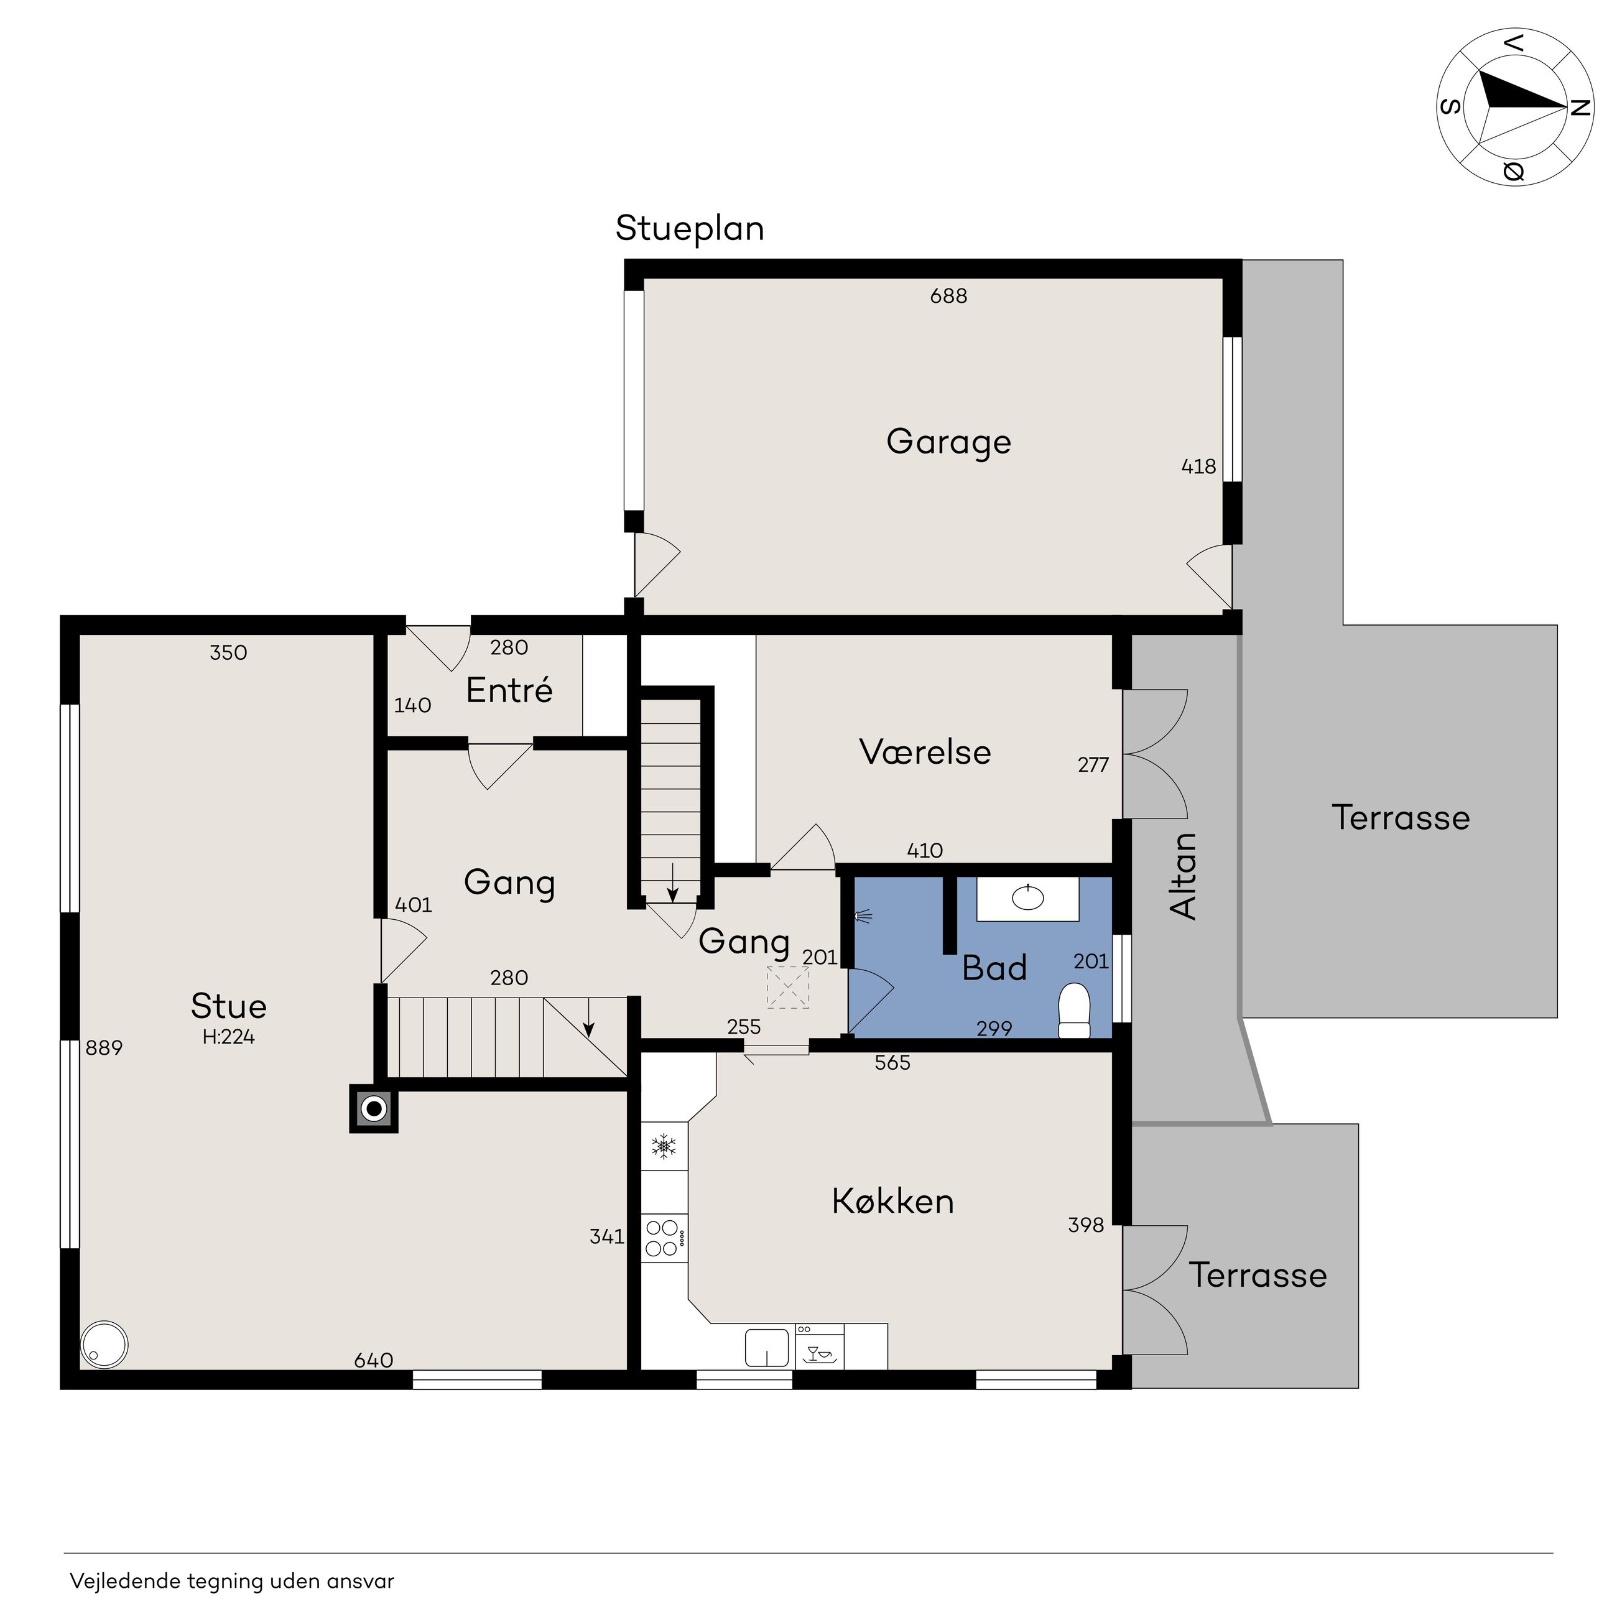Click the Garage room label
coord(948,442)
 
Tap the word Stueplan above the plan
coord(690,228)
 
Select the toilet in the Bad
coord(1075,1011)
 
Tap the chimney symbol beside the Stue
coord(373,1110)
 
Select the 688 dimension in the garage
coord(948,296)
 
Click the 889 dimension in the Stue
coord(104,1048)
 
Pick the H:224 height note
coord(228,1037)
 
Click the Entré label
coord(509,690)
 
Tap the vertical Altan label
coord(1183,876)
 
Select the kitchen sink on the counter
coord(767,1348)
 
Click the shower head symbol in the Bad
coord(863,917)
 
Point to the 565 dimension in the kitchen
coord(892,1063)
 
